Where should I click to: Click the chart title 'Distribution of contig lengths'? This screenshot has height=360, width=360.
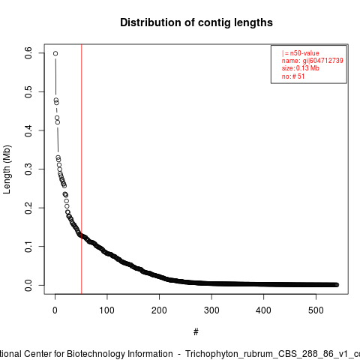(196, 22)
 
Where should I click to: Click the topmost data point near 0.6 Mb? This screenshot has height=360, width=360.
(55, 53)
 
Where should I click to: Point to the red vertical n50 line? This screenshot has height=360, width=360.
(82, 169)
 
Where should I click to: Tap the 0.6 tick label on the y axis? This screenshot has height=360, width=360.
(28, 52)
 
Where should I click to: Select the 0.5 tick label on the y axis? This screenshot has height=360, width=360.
(28, 91)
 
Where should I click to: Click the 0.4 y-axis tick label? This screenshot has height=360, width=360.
(28, 130)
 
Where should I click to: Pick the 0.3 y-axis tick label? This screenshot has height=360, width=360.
(28, 169)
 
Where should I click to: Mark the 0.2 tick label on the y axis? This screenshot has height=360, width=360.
(28, 208)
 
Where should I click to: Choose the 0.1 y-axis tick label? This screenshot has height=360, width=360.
(28, 247)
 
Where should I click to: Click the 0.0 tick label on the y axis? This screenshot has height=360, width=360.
(28, 285)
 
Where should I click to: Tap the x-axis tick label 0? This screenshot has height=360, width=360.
(55, 310)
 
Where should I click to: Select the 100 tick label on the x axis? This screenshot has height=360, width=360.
(107, 310)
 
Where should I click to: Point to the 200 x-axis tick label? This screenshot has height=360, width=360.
(159, 310)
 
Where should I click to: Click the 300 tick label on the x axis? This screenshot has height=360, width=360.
(211, 310)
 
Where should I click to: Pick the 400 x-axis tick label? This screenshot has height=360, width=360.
(263, 310)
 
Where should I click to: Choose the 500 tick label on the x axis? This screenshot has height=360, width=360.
(316, 310)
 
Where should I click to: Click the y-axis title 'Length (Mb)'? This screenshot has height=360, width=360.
(7, 169)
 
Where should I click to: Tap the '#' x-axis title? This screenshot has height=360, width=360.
(196, 332)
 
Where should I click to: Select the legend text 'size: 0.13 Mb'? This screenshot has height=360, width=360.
(301, 68)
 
